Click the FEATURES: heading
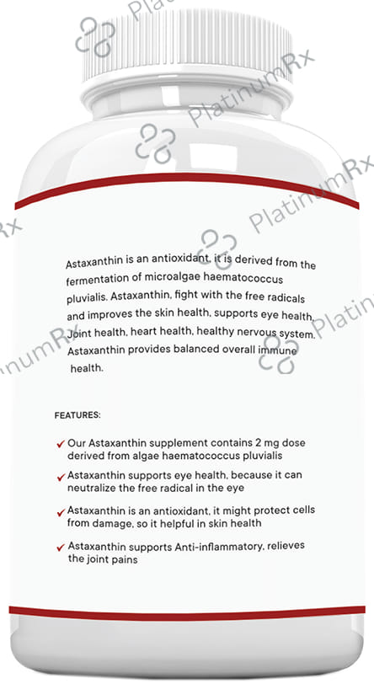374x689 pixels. coord(77,415)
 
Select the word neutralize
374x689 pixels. coord(95,488)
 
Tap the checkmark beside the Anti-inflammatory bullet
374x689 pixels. coord(60,547)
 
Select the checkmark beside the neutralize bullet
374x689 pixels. coord(60,478)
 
